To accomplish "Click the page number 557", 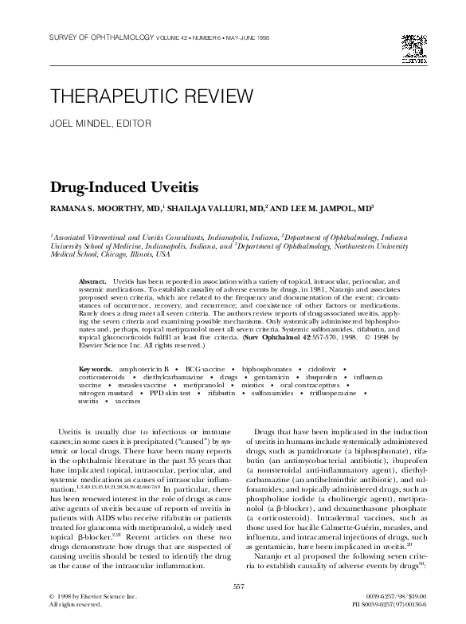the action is coord(237,587).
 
